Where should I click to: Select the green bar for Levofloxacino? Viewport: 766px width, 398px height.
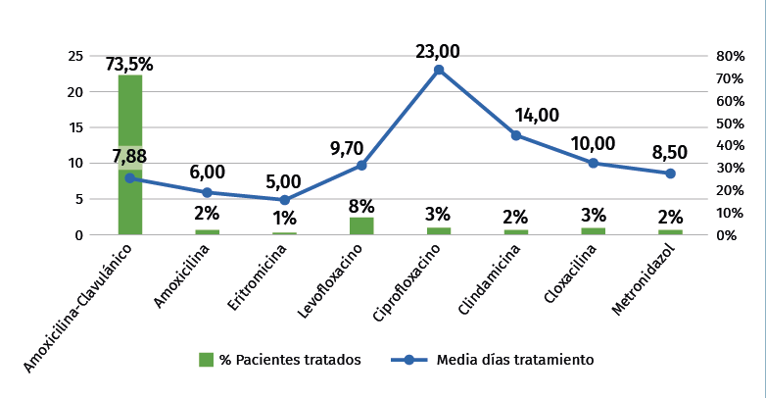pos(361,225)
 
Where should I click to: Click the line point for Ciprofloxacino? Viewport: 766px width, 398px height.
pos(439,70)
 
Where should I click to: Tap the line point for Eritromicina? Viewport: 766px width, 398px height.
pos(284,200)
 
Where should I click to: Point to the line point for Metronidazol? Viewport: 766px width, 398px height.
pos(670,174)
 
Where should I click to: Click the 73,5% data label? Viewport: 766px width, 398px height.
pos(130,65)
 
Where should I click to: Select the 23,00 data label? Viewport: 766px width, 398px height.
pos(438,51)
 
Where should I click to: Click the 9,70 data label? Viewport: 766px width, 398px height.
pos(347,148)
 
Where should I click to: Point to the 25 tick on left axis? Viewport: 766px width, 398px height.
pos(74,56)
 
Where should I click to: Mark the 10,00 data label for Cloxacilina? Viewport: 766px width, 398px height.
pos(594,144)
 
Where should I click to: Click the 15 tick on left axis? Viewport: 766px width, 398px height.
pos(74,127)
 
